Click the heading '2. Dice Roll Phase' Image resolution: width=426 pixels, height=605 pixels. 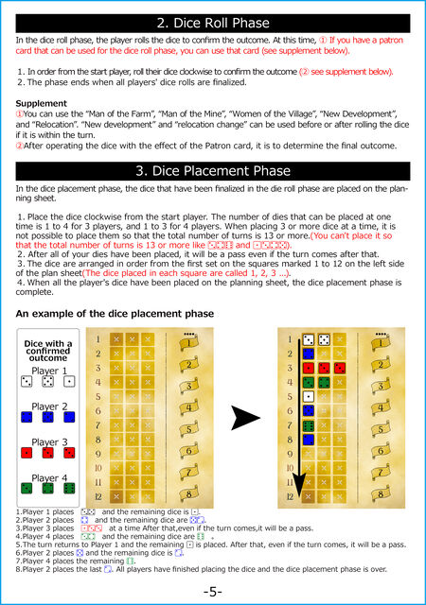tap(213, 23)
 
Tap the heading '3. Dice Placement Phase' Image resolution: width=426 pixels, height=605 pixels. tap(213, 171)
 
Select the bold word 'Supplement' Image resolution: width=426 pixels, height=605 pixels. tap(42, 103)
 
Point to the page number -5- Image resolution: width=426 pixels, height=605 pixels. tap(213, 592)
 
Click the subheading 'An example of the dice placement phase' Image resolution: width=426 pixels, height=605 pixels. tap(115, 313)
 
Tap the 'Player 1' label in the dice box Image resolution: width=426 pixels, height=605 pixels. tap(49, 371)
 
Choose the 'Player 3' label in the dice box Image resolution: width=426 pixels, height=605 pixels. tap(49, 442)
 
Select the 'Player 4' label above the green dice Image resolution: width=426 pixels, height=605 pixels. tap(49, 478)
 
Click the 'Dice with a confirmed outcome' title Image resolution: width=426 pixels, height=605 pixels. tap(48, 351)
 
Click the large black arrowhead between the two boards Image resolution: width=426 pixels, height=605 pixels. tap(244, 418)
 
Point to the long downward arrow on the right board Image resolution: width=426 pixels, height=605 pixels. tap(299, 418)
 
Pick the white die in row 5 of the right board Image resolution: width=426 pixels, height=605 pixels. tap(308, 397)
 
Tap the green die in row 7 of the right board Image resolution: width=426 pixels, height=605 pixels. tap(308, 425)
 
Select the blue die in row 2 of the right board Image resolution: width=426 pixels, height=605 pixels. tap(308, 354)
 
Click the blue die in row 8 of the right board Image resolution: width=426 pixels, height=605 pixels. tap(308, 440)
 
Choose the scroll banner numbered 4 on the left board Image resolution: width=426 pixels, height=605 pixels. tap(189, 407)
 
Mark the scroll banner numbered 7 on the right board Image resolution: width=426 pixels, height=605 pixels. tap(381, 472)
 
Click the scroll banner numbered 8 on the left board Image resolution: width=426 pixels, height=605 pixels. tap(189, 493)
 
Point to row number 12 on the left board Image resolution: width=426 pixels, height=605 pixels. tap(98, 496)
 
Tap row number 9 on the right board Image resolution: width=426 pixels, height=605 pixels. tap(290, 454)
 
